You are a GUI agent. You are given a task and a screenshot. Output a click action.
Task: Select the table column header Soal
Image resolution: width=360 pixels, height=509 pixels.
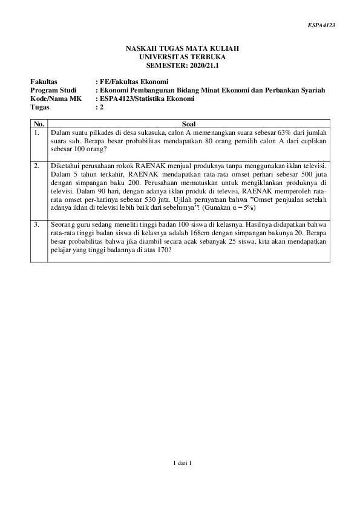[x=189, y=123]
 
